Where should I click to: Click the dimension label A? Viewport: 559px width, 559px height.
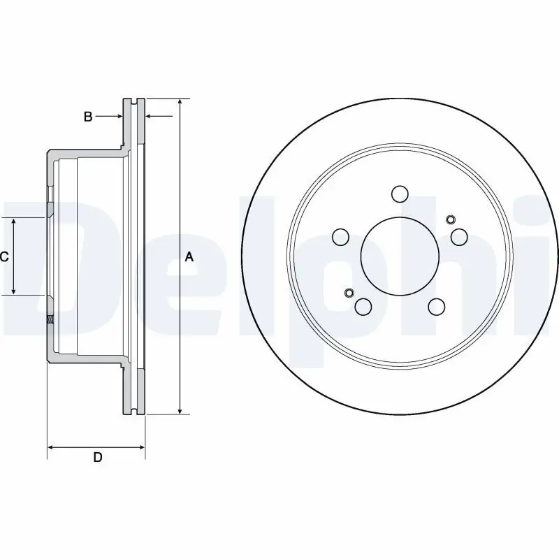[189, 257]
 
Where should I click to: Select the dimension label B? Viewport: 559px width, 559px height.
[88, 117]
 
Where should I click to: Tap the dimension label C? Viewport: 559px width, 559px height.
[4, 257]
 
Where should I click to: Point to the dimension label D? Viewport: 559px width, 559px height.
[98, 458]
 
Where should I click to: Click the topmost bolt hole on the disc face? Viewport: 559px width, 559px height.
[400, 194]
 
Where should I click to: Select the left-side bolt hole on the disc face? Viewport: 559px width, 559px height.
[341, 238]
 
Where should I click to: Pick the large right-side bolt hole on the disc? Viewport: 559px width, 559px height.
[459, 238]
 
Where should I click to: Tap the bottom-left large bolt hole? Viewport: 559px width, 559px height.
[363, 306]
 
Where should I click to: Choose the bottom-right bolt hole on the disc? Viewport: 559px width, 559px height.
[437, 306]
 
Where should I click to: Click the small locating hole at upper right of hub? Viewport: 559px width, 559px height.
[449, 219]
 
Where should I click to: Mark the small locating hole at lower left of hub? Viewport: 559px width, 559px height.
[350, 292]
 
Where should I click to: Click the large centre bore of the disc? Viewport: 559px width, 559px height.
[400, 256]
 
